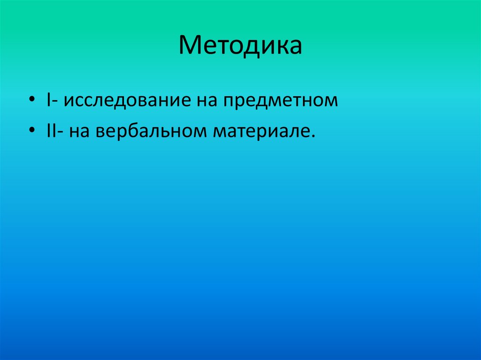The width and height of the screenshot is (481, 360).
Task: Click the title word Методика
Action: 240,46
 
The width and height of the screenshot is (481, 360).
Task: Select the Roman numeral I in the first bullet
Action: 48,100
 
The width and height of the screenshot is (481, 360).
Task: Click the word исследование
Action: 126,100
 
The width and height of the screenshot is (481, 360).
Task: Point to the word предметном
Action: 280,100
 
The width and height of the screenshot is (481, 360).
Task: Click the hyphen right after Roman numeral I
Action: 55,102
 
